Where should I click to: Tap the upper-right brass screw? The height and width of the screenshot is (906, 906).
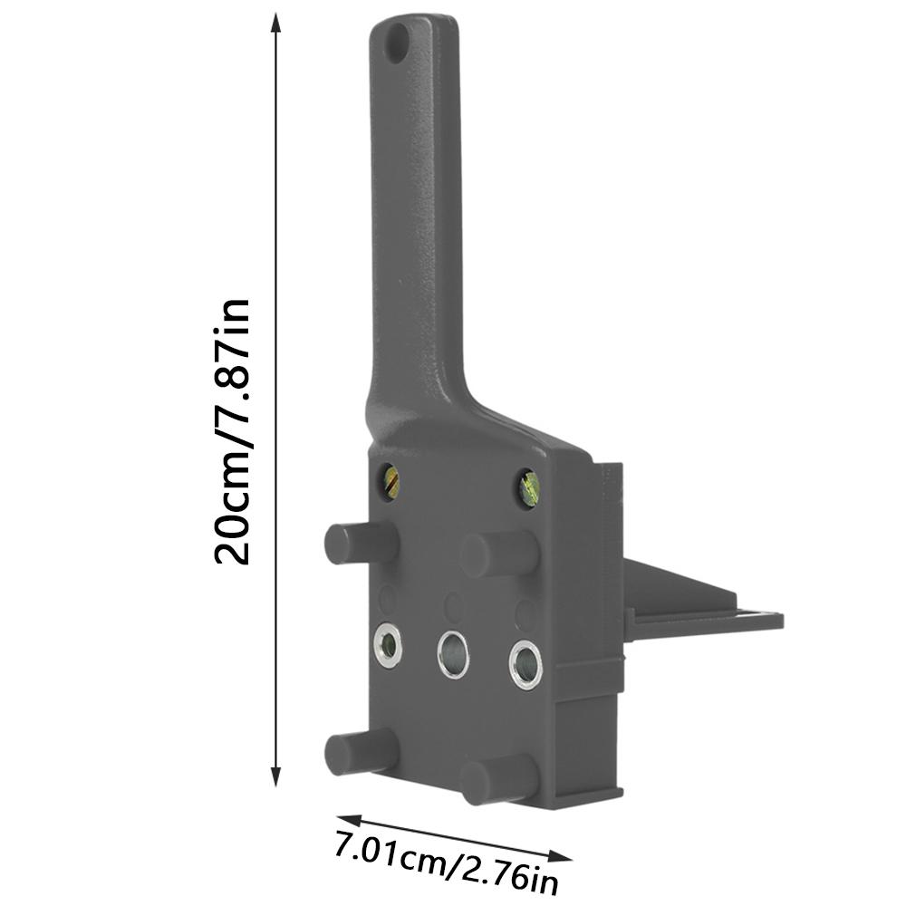528,490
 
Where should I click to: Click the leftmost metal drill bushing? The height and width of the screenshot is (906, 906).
389,645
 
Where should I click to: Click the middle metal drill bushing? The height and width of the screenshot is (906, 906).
453,652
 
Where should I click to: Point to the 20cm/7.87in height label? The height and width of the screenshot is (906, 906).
232,433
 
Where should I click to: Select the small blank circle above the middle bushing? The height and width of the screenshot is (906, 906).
454,605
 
